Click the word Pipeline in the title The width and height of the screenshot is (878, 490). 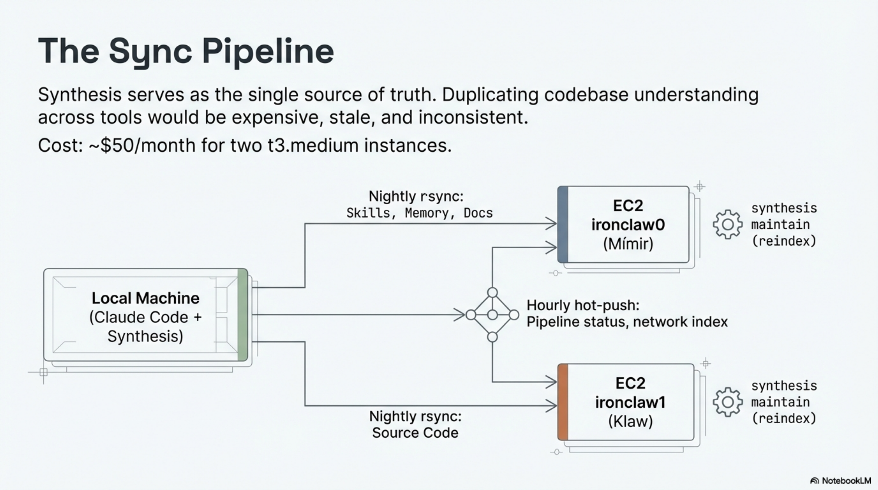pos(268,51)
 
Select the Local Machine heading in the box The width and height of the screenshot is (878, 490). pos(145,298)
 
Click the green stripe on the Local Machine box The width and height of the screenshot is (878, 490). pos(243,315)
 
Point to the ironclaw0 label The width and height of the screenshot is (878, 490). pos(628,225)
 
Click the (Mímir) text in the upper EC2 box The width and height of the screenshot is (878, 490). pos(628,244)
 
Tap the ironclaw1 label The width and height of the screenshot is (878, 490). pos(630,402)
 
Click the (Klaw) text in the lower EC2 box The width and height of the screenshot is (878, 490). pos(630,421)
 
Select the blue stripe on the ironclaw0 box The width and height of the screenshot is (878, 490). pos(563,224)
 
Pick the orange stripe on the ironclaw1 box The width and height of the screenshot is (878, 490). pos(563,402)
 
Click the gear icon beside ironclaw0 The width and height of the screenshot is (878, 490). pos(727,224)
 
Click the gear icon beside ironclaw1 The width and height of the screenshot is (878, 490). pos(727,402)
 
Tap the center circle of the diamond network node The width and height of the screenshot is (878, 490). pos(492,315)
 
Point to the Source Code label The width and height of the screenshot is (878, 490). pos(415,433)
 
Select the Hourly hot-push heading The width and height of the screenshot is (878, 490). pos(583,305)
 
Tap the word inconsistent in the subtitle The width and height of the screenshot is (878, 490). pos(473,118)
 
